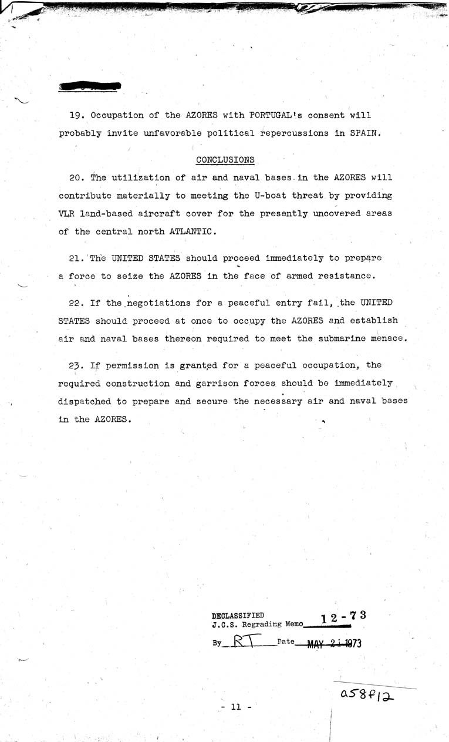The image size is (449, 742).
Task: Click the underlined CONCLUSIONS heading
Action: coord(225,159)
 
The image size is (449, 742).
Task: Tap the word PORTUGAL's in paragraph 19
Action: coord(278,115)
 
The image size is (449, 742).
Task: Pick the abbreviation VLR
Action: coord(66,213)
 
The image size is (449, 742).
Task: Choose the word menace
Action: coord(388,338)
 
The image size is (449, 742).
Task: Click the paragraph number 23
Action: coord(75,365)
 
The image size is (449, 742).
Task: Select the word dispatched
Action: coord(85,401)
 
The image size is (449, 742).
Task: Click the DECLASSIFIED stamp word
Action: coord(238,616)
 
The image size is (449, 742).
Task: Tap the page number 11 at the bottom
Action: coord(237,708)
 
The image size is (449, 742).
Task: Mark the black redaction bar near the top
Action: coord(90,86)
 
